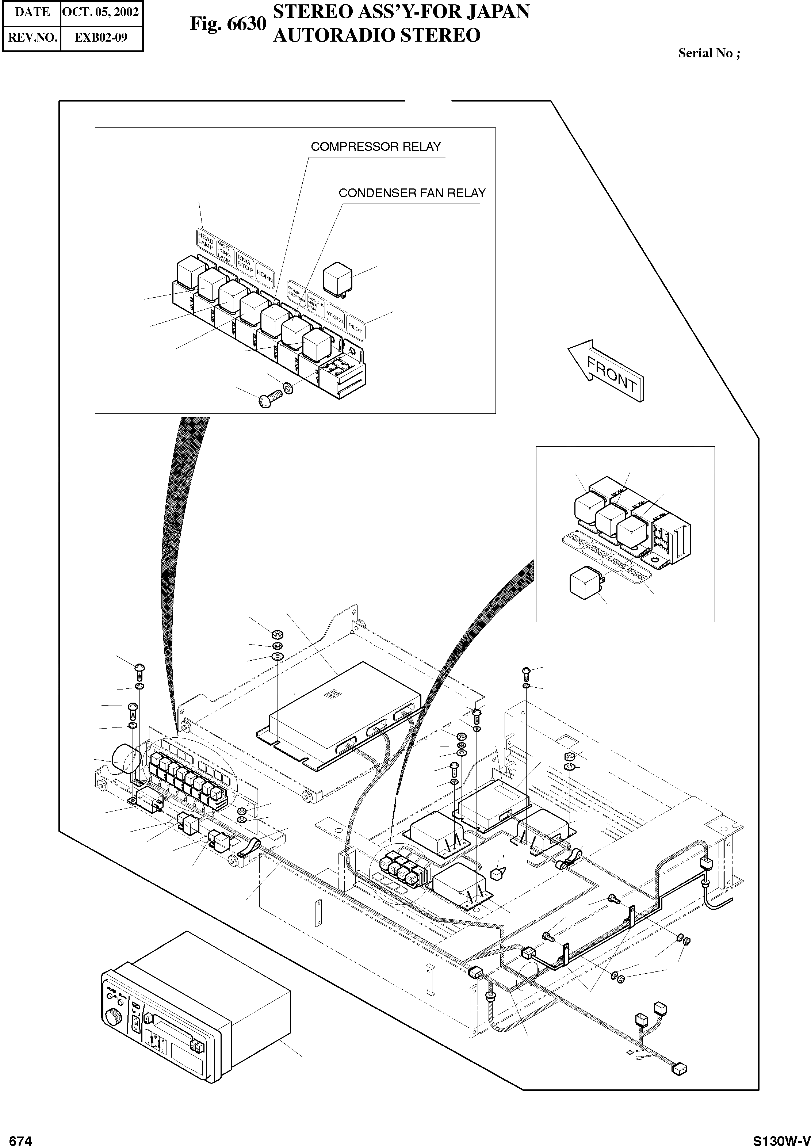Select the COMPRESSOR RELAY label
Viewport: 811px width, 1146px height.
coord(375,147)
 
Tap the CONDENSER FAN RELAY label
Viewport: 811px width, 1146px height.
coord(412,193)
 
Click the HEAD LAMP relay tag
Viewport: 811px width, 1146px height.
coord(205,241)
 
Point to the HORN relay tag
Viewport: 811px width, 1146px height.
coord(264,276)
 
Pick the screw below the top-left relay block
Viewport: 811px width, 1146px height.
coord(270,400)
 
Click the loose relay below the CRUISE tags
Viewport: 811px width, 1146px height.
coord(585,583)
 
